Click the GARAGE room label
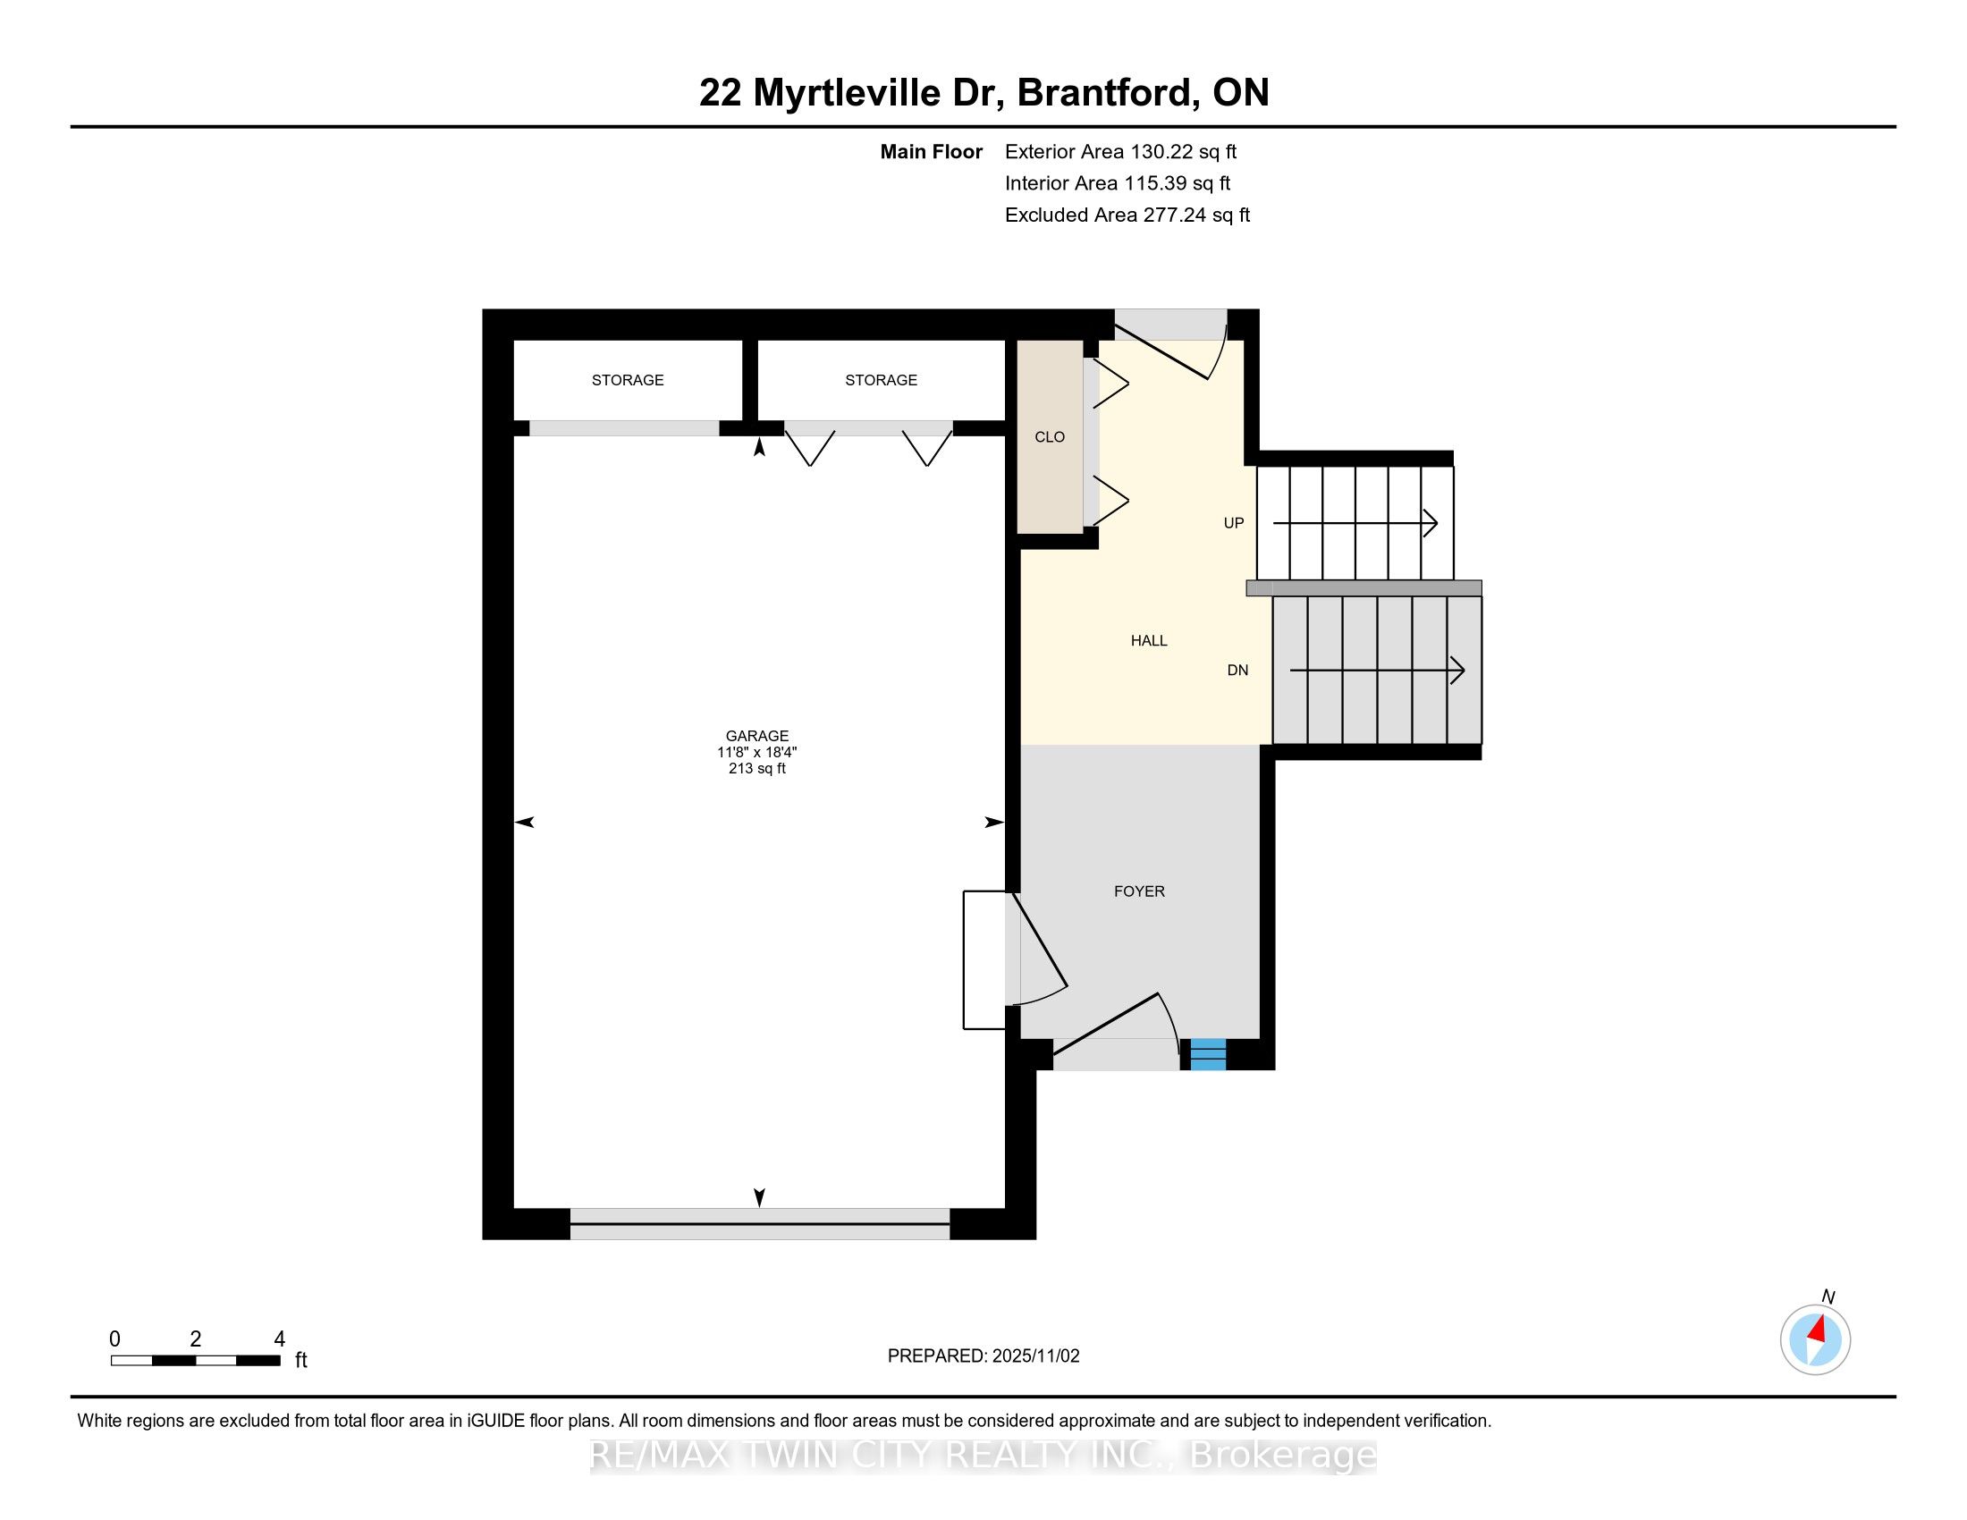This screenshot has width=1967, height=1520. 756,736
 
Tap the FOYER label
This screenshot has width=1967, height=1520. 1139,891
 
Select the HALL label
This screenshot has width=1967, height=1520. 1148,641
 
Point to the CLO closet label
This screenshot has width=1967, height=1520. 1050,436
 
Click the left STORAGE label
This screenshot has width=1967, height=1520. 628,380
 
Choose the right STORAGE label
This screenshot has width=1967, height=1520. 881,380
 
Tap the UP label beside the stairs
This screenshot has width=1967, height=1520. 1233,523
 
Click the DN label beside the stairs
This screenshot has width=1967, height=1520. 1237,670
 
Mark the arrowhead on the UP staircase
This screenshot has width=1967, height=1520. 1431,523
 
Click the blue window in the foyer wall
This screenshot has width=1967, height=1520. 1208,1053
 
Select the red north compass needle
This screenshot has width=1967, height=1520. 1818,1329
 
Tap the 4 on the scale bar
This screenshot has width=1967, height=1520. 279,1339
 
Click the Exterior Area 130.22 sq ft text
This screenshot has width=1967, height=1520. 1120,152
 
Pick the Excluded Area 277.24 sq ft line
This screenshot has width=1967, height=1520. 1127,215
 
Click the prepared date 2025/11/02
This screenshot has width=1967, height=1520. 1034,1356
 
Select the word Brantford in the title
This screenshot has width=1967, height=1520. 1107,93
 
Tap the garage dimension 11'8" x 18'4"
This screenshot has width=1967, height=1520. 756,752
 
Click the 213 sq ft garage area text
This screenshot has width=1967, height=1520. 756,768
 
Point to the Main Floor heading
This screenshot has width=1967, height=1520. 931,152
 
